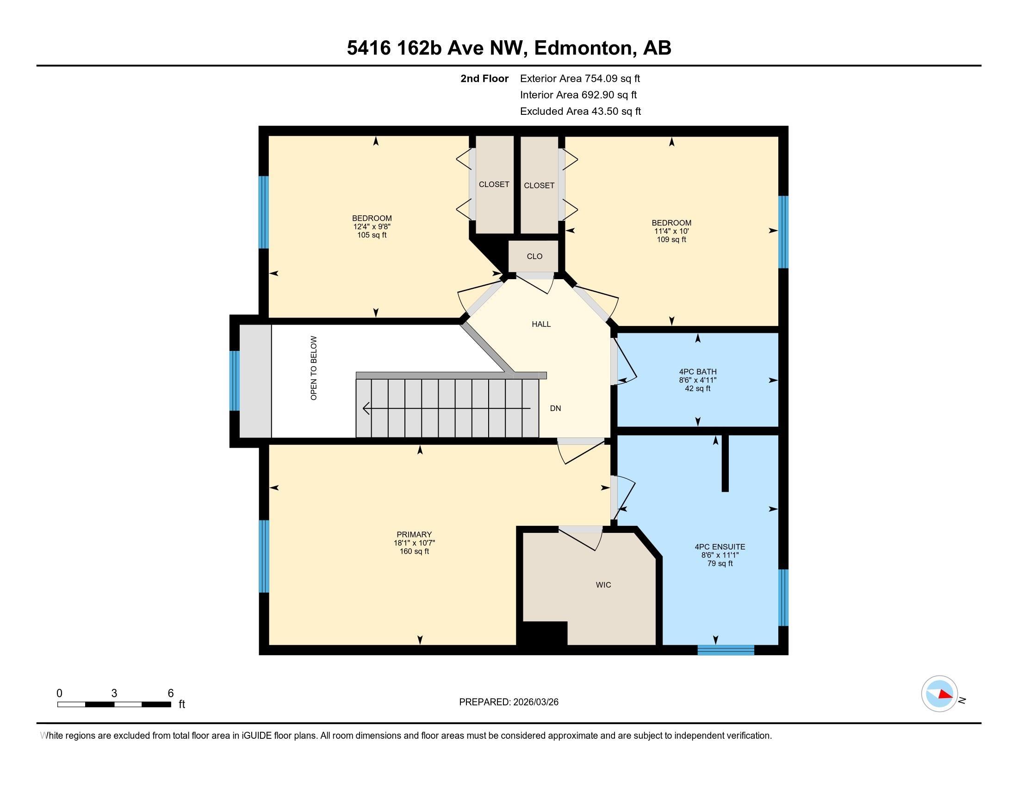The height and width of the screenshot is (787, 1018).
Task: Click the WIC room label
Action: pos(603,585)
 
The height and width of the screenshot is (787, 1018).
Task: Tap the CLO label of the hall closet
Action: pos(534,256)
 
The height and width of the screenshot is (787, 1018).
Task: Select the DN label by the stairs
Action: pos(555,408)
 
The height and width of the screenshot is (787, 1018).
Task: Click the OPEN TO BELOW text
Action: pos(314,368)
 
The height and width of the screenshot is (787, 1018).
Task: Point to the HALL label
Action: pos(541,324)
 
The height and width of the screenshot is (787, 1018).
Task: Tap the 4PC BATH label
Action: pos(697,372)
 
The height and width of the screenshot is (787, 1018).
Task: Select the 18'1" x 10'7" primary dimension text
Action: pos(414,543)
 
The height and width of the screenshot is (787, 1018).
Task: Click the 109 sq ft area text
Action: pos(671,240)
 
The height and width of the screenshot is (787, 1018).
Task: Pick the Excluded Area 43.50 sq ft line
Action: pos(580,112)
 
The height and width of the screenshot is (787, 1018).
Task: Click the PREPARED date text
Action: pos(509,702)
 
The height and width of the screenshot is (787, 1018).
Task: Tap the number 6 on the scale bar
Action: pos(171,693)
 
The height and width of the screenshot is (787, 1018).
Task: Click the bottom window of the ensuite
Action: pos(726,650)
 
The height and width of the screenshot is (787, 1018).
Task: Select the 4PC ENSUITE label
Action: pos(720,547)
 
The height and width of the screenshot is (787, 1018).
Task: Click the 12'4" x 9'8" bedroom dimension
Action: pos(372,226)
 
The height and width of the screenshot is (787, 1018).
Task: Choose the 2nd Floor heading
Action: pos(484,79)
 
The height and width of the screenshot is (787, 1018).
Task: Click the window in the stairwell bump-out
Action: pos(235,381)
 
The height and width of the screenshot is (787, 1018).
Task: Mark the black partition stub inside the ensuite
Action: pos(725,463)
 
